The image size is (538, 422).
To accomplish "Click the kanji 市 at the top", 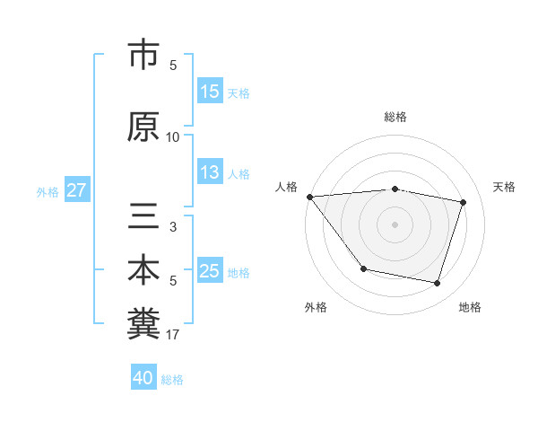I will (143, 56).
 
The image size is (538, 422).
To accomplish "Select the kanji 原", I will (143, 127).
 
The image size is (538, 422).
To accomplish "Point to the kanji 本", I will (143, 270).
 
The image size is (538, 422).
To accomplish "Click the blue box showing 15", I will (210, 92).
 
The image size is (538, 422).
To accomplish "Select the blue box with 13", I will (210, 173).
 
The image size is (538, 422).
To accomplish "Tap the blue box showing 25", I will (210, 272).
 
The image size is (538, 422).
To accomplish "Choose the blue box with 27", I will (77, 190).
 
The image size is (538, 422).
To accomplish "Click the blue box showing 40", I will (143, 378).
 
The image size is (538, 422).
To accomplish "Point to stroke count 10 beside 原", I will (173, 137).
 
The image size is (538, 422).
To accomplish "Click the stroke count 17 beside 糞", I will (173, 336).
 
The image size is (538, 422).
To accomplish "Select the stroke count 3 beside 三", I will (173, 227).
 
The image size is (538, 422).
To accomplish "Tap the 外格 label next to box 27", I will (48, 191).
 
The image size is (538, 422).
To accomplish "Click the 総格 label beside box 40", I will (172, 380).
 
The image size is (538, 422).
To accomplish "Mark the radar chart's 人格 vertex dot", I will (309, 197).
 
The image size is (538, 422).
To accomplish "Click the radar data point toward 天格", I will (464, 202).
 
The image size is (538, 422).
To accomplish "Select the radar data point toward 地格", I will (437, 284).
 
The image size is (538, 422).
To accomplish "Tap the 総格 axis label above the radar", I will (395, 117).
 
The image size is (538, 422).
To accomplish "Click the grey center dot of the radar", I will (395, 224).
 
